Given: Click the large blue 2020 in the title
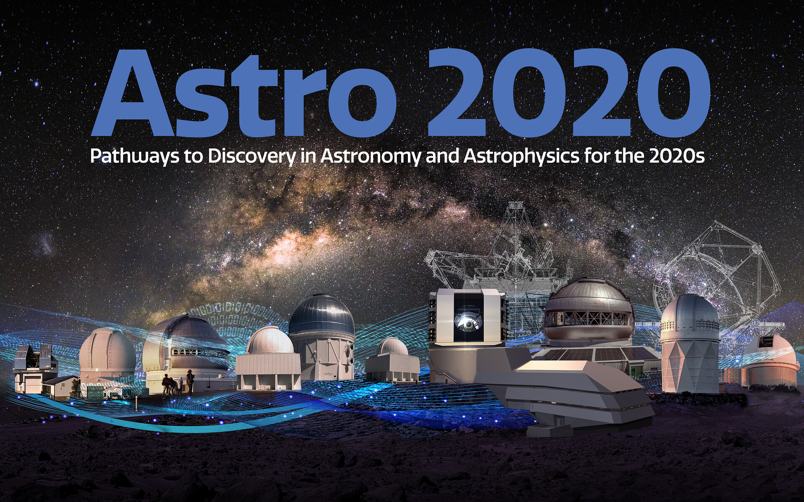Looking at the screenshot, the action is (x=567, y=94).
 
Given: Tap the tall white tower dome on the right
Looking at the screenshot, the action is (x=689, y=343).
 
